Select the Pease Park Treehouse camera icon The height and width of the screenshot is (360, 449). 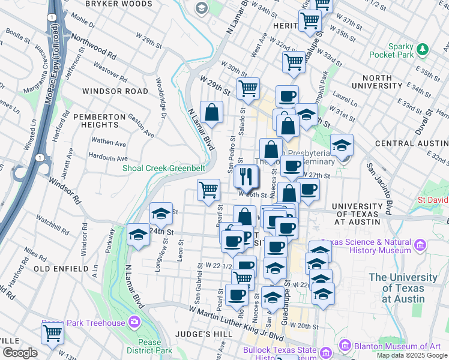pos(134,322)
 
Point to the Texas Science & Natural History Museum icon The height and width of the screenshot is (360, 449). pos(420,245)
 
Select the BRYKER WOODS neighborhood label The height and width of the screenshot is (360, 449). pos(119,4)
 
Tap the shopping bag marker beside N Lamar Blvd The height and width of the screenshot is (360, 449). pos(212,112)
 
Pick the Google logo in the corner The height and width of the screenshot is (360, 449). pos(20,353)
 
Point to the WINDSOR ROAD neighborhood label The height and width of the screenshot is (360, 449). pos(115,91)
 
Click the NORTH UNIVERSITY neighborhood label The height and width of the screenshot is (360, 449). pos(385,82)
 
